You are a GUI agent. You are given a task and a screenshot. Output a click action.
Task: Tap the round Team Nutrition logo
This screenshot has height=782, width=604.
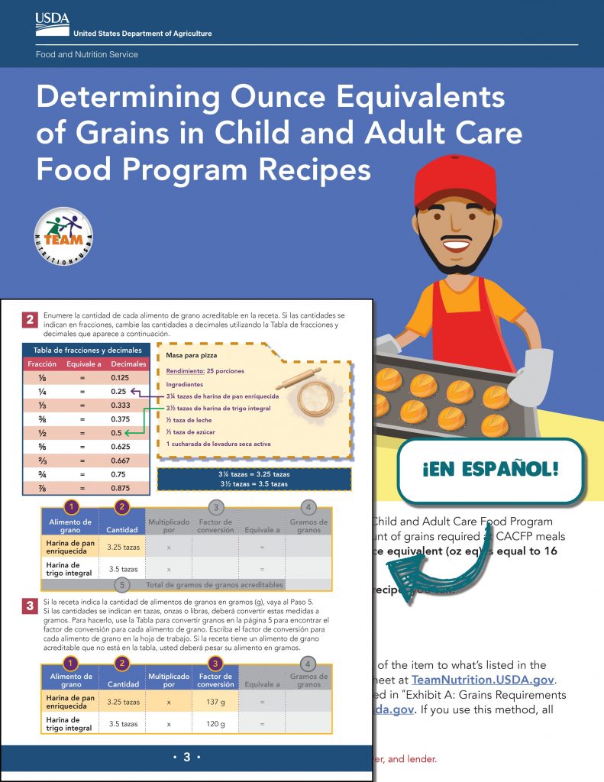coord(64,237)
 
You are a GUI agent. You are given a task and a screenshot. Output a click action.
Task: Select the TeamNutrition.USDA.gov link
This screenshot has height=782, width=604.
coord(482,680)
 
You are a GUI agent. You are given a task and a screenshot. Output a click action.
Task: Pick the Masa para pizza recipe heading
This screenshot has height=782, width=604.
coord(187,356)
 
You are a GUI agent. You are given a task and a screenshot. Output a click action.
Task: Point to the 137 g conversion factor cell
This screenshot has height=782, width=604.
coord(215,702)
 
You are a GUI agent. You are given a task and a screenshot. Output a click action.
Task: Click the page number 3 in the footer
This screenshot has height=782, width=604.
coord(186,757)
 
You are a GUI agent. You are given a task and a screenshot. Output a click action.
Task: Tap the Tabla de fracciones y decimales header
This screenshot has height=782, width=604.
coord(86,351)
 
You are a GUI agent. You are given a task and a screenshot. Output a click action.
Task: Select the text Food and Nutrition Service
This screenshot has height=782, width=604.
coord(86,55)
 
